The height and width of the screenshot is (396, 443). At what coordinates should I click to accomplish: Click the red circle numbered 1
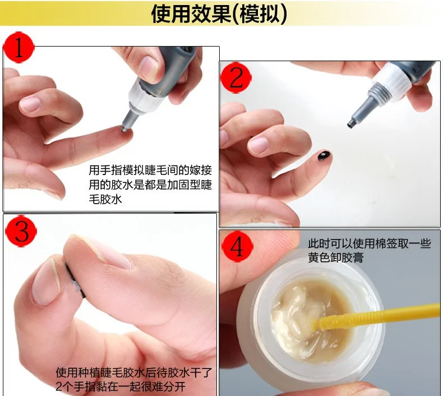19,47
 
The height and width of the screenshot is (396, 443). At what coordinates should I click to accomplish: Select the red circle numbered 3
21,231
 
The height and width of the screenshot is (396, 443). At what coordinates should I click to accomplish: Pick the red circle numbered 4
237,246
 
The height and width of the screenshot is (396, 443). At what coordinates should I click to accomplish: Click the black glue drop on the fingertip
324,156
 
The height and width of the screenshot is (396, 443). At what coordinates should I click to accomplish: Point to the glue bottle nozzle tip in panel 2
350,124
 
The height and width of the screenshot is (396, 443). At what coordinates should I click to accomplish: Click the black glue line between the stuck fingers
74,280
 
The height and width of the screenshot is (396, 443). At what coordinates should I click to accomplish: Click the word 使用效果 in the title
191,13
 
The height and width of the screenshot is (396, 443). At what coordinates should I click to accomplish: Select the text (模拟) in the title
260,13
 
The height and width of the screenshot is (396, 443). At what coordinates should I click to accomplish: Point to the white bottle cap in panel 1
141,96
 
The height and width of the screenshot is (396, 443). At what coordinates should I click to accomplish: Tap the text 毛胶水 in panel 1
105,199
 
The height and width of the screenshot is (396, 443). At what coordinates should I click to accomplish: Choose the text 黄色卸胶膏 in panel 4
336,257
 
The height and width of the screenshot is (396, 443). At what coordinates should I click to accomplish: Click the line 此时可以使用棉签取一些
370,243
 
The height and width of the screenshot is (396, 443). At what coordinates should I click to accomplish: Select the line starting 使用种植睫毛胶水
133,372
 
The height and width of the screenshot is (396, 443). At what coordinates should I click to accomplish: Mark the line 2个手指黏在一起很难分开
121,386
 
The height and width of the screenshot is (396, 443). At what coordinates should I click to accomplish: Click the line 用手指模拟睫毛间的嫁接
150,170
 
